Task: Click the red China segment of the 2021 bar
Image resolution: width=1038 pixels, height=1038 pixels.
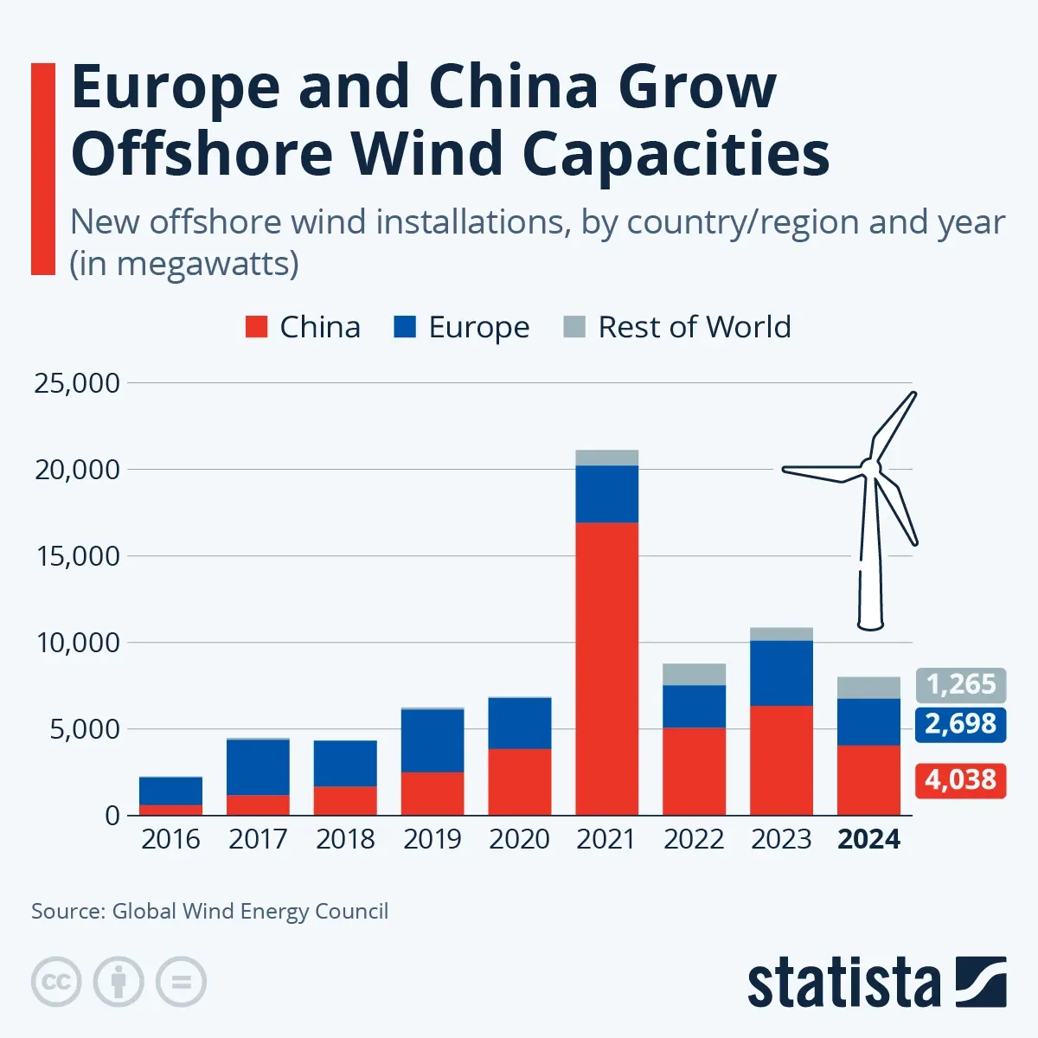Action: (606, 668)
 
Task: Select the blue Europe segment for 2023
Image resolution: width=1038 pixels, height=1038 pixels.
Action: (781, 673)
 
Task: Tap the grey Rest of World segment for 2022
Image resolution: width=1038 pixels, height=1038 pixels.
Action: (694, 675)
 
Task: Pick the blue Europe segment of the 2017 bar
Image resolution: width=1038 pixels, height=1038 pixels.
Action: (258, 767)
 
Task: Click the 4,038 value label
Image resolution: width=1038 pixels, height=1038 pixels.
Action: (960, 780)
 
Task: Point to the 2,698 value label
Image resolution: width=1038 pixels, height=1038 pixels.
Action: (960, 723)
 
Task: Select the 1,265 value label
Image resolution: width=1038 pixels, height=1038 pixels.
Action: (960, 684)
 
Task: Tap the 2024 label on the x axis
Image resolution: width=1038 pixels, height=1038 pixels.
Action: (868, 839)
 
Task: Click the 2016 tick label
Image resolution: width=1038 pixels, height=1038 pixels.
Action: (170, 839)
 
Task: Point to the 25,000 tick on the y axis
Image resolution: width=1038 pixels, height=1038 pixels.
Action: (77, 383)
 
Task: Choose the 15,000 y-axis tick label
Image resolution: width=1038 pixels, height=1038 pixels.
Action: (77, 556)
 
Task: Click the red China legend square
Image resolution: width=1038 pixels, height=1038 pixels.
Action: (257, 327)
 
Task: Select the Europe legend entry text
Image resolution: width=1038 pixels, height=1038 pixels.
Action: (478, 327)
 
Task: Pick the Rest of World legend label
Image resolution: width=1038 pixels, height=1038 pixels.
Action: (694, 327)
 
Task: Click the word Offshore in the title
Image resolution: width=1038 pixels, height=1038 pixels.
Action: (202, 154)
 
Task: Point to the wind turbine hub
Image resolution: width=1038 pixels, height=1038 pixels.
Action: (868, 469)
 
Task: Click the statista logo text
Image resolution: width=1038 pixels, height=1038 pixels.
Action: (843, 983)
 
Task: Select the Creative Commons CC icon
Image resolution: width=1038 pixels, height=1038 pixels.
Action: (56, 982)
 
